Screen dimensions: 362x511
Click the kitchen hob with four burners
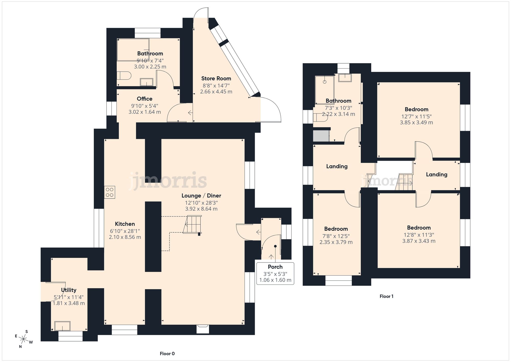click(x=110, y=192)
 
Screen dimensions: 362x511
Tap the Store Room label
click(x=216, y=79)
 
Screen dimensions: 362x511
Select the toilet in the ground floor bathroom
click(x=124, y=76)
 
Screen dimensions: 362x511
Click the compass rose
click(x=24, y=339)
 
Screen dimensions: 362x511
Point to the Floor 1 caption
click(x=386, y=296)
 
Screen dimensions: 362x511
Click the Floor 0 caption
click(x=167, y=354)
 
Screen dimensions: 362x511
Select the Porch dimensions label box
click(x=275, y=273)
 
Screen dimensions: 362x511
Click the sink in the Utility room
click(x=62, y=326)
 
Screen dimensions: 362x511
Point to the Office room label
click(x=144, y=99)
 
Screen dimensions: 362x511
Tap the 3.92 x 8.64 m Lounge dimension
click(x=201, y=209)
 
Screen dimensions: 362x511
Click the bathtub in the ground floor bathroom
click(x=133, y=50)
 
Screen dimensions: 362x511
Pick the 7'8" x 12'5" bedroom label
click(x=336, y=236)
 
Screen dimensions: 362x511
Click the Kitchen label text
click(x=125, y=224)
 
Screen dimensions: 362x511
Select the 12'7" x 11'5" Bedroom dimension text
click(x=416, y=116)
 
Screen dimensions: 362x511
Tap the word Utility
click(x=68, y=290)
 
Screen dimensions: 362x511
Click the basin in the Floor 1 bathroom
click(x=345, y=78)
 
